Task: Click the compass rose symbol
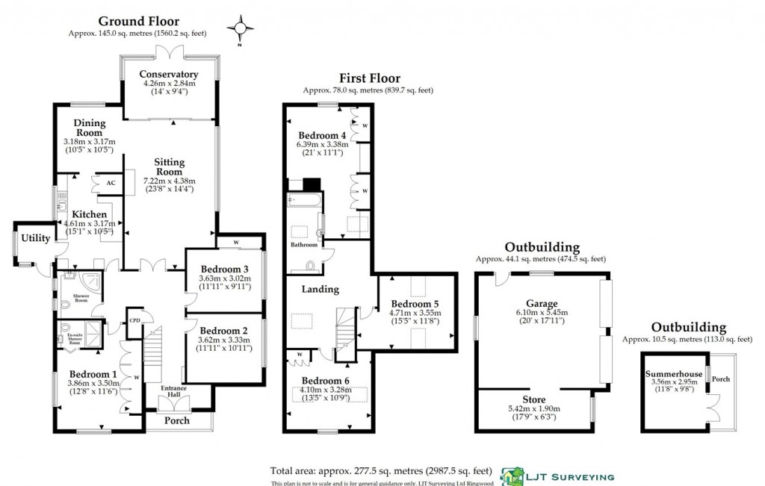pyautogui.click(x=240, y=31)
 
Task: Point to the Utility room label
pyautogui.click(x=35, y=239)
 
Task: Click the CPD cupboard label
pyautogui.click(x=135, y=320)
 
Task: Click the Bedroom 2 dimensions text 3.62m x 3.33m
pyautogui.click(x=224, y=340)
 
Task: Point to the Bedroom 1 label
pyautogui.click(x=93, y=375)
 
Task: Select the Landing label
pyautogui.click(x=320, y=289)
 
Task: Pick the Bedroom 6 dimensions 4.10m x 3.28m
pyautogui.click(x=329, y=389)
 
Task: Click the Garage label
pyautogui.click(x=542, y=304)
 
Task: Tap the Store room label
pyautogui.click(x=533, y=399)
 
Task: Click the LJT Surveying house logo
pyautogui.click(x=512, y=476)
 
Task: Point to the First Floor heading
pyautogui.click(x=369, y=78)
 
